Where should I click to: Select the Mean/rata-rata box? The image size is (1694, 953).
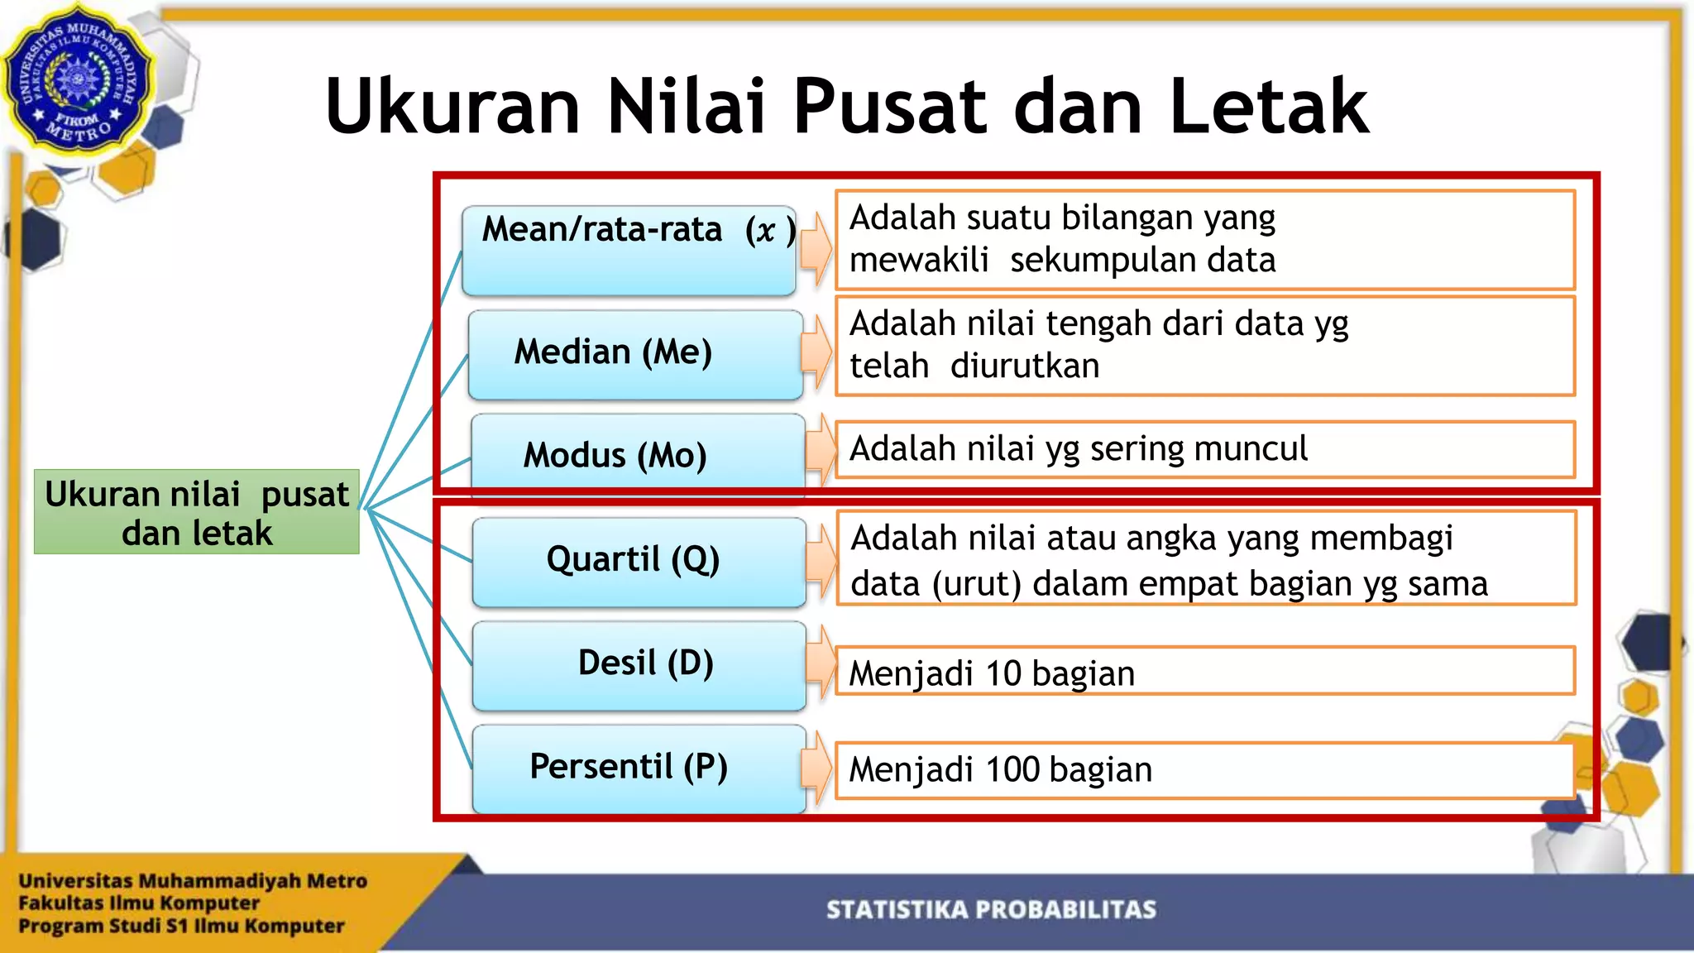pos(629,251)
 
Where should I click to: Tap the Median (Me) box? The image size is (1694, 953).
pos(634,354)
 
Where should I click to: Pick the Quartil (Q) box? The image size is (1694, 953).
pos(639,562)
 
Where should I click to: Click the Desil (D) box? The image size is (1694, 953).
pos(639,665)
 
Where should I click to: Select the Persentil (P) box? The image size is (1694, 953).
pos(639,769)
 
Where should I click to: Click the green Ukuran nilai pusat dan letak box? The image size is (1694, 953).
pos(197,512)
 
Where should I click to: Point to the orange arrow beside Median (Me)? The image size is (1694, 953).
pos(816,352)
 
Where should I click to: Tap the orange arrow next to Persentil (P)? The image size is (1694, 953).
pos(816,768)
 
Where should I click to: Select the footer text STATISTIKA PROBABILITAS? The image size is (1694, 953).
pos(991,910)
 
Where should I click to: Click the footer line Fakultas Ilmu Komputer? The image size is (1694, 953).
pos(139,903)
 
